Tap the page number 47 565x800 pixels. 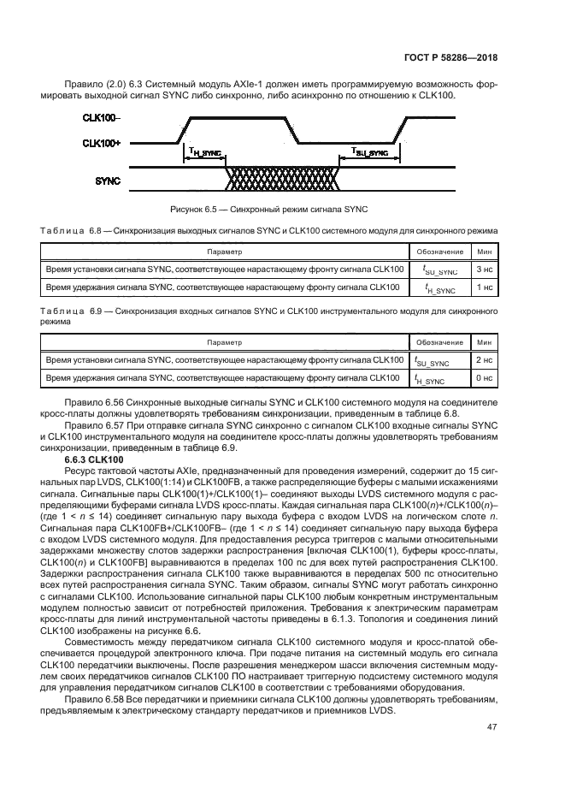point(491,727)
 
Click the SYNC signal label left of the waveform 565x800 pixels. point(108,180)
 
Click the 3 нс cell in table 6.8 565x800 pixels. point(483,270)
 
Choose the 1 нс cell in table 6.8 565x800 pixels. point(483,287)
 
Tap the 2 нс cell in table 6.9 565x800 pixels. point(483,360)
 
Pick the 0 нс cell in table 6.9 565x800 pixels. point(483,378)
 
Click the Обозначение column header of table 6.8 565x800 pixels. point(439,252)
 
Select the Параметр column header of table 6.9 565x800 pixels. point(224,342)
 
